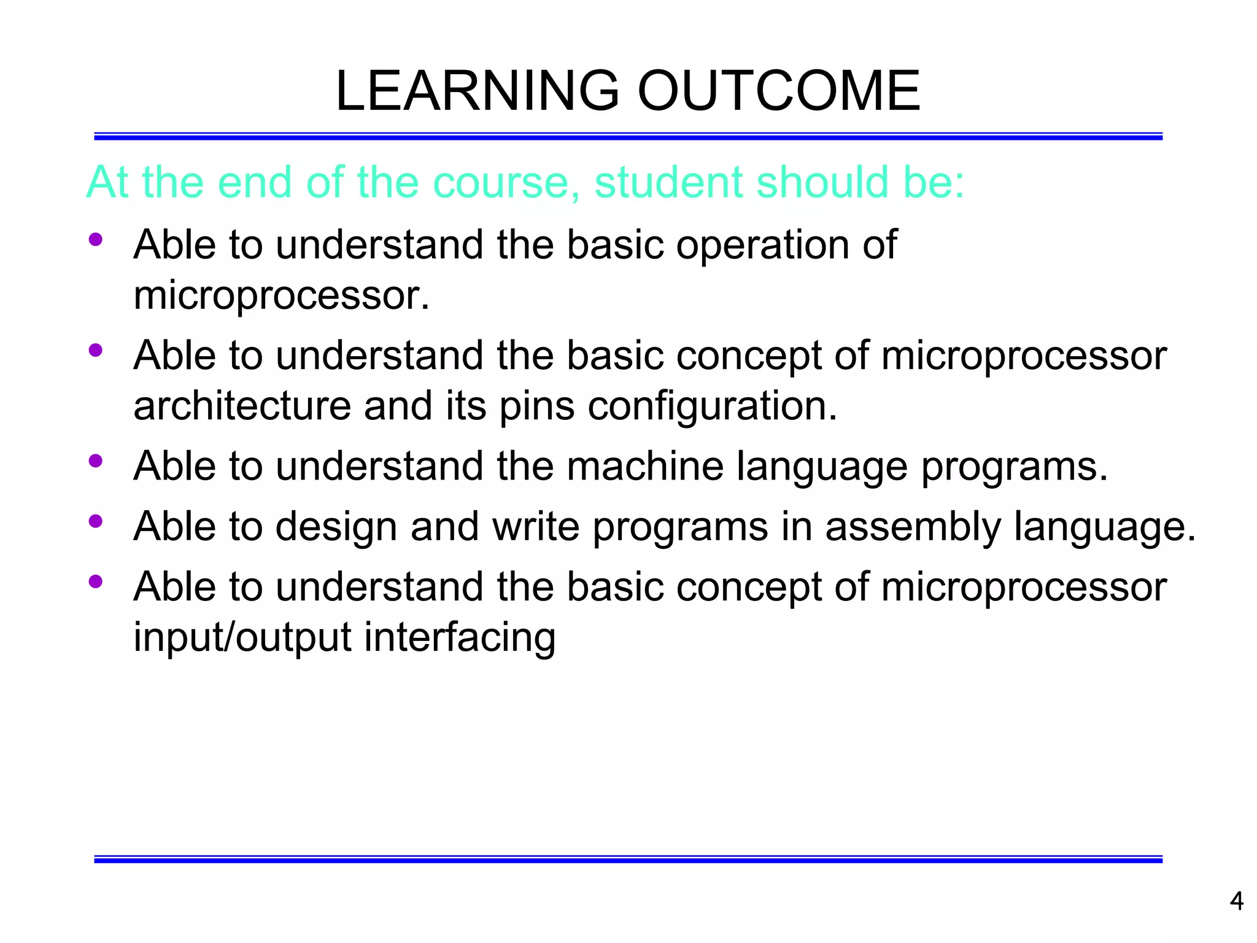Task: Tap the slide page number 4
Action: [x=1236, y=901]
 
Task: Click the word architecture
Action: [x=242, y=406]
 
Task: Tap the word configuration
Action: [x=712, y=407]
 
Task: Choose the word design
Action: [x=336, y=527]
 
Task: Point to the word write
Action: [x=535, y=526]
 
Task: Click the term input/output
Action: [x=242, y=637]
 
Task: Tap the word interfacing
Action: [x=460, y=637]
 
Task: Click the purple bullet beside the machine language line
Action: [x=95, y=460]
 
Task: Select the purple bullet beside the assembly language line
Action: [x=95, y=521]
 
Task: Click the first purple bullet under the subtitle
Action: [x=95, y=239]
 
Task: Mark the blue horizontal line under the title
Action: [x=628, y=136]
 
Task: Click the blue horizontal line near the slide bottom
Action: [x=628, y=860]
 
